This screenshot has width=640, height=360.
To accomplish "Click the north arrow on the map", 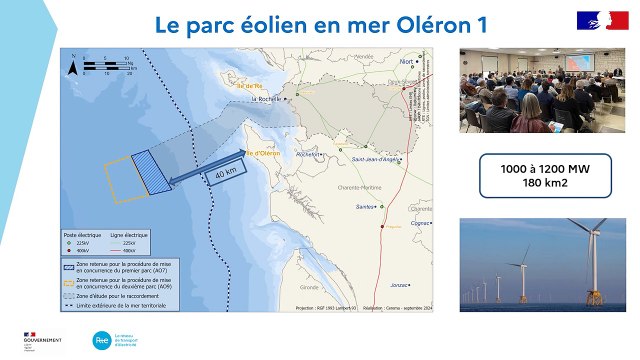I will [73, 67].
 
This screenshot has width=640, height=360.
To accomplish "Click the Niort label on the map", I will [406, 61].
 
